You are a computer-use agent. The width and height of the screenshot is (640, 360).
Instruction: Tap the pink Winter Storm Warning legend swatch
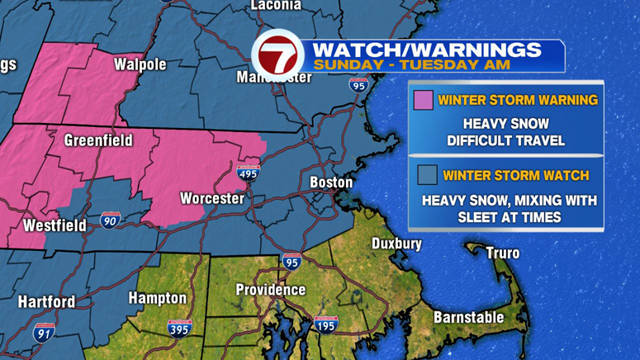423,100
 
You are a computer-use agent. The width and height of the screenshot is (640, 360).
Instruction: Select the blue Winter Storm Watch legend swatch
426,175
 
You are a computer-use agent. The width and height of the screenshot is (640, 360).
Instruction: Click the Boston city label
331,182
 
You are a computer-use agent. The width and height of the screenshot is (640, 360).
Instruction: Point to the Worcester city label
212,198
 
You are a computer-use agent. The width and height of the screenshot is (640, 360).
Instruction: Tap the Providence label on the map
271,290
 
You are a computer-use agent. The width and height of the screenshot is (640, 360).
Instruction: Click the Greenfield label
98,140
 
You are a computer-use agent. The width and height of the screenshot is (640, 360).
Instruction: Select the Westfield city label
55,225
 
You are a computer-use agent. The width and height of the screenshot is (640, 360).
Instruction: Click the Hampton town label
157,297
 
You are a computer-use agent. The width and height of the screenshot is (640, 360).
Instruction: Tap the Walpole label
140,64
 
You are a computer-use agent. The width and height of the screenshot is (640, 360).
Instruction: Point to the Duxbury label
396,244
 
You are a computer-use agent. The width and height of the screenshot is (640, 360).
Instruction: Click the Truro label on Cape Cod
502,253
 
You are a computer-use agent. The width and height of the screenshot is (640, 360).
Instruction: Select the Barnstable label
469,317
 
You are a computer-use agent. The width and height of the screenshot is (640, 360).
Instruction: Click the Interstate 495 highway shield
248,173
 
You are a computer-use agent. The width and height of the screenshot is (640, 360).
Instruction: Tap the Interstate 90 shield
110,220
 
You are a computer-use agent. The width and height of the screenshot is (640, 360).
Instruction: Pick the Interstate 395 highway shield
179,328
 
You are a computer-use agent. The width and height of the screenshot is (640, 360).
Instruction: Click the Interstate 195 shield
325,324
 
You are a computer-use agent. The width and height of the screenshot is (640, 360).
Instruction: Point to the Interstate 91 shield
44,333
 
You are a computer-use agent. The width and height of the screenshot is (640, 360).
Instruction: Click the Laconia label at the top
276,5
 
